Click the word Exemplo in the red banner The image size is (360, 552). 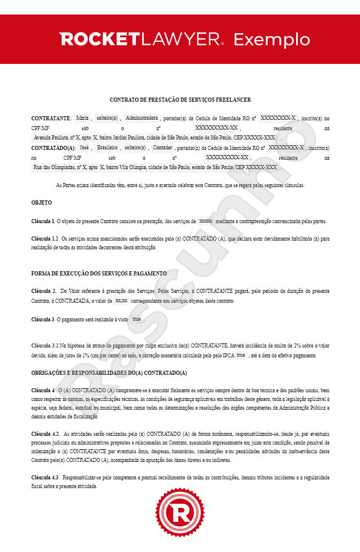[272, 40]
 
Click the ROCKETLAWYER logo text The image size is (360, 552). [142, 40]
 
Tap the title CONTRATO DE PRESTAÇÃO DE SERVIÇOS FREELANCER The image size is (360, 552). [180, 100]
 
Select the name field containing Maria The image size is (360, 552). [82, 118]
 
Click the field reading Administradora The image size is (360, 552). [142, 118]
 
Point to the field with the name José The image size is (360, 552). [84, 148]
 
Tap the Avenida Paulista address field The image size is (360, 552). [154, 138]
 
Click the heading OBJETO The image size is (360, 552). [41, 203]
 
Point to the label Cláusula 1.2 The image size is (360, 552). [45, 239]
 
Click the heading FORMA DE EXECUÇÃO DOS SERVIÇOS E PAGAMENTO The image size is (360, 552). [99, 273]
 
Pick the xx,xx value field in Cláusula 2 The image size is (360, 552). [121, 300]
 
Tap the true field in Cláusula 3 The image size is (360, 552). [136, 320]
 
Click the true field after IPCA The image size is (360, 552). [241, 355]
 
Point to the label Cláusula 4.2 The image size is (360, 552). [45, 433]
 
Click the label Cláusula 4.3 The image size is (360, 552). [45, 477]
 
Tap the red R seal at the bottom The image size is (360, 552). [180, 514]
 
